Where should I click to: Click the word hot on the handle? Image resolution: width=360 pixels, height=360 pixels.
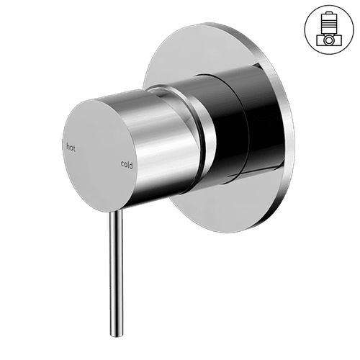71,147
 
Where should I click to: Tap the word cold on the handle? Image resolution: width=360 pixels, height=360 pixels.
126,163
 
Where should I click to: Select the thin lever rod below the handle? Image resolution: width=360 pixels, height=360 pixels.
114,274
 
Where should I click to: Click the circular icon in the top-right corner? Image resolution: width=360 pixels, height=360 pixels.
328,30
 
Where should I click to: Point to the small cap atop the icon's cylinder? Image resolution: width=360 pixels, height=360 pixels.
328,14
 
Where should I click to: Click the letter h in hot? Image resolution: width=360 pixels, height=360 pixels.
68,147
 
